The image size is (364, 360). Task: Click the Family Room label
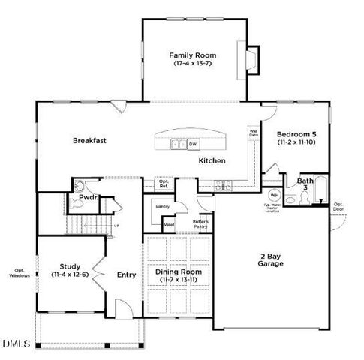coord(193,55)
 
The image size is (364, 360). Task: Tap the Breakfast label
coord(89,140)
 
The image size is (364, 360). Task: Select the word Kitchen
coord(212,161)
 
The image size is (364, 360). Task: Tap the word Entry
coord(126,274)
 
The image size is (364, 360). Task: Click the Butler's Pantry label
coord(200,223)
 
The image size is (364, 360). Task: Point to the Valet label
coord(169,224)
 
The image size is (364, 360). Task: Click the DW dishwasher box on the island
coord(193,144)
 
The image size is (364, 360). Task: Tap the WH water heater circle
coord(274,196)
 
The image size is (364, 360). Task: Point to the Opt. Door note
coord(338,205)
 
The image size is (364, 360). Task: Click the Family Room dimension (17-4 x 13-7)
coord(193,64)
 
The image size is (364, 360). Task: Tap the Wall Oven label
coord(254,133)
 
